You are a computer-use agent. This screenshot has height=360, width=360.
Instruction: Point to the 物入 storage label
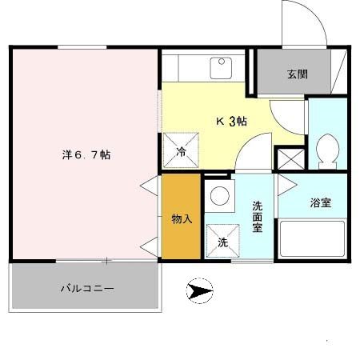182,218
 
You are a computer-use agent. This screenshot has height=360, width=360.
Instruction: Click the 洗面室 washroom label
258,216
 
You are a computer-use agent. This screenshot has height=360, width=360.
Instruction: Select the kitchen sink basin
220,66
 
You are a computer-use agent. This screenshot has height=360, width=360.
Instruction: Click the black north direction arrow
201,290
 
